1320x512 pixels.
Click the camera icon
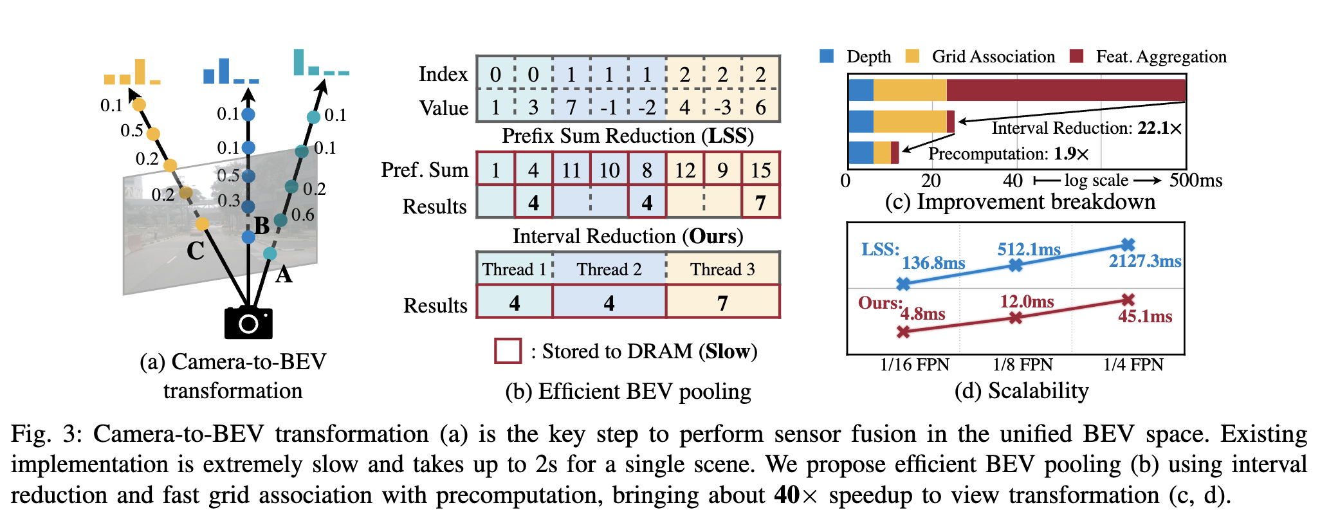248,322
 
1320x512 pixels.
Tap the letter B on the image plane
262,226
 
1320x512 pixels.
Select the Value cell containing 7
571,107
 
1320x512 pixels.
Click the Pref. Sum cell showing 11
571,170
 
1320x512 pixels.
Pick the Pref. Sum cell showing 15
760,170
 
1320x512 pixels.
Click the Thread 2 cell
609,269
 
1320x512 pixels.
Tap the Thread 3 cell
722,269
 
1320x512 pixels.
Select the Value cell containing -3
722,107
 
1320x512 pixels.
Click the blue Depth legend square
827,56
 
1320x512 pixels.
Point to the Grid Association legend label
993,57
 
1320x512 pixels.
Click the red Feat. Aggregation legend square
1076,56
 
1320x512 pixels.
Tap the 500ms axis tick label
1195,180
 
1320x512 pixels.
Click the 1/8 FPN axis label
1022,365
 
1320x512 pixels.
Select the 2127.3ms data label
1144,261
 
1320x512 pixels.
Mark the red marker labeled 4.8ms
904,332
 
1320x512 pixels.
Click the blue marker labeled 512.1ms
1016,265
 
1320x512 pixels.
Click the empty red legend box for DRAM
508,351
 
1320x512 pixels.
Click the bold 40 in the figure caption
787,495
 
